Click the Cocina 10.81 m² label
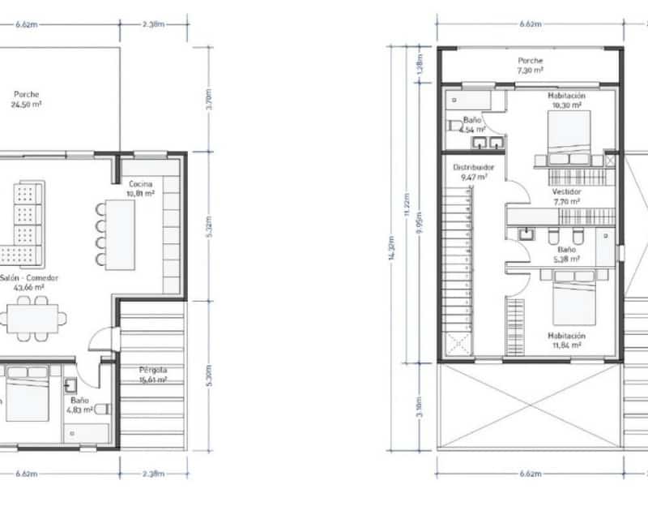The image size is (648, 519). pos(139,189)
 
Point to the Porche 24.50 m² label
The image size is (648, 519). pos(26,99)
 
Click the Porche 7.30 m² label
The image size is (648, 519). pos(531,66)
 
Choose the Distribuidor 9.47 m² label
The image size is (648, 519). pos(473,171)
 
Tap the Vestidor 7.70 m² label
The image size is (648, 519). pos(566,196)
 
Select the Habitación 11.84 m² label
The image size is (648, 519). pos(566,340)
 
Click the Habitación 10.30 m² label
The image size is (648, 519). pos(566,100)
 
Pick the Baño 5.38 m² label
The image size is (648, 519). pos(566,255)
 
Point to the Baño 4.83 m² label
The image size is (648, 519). pos(80,405)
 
